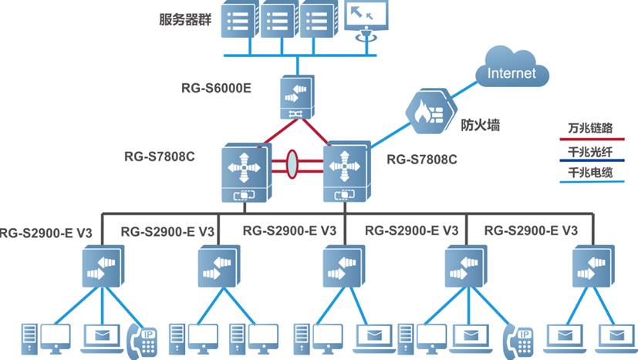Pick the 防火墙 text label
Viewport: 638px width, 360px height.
click(x=481, y=124)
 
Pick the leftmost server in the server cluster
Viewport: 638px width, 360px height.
click(x=238, y=20)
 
